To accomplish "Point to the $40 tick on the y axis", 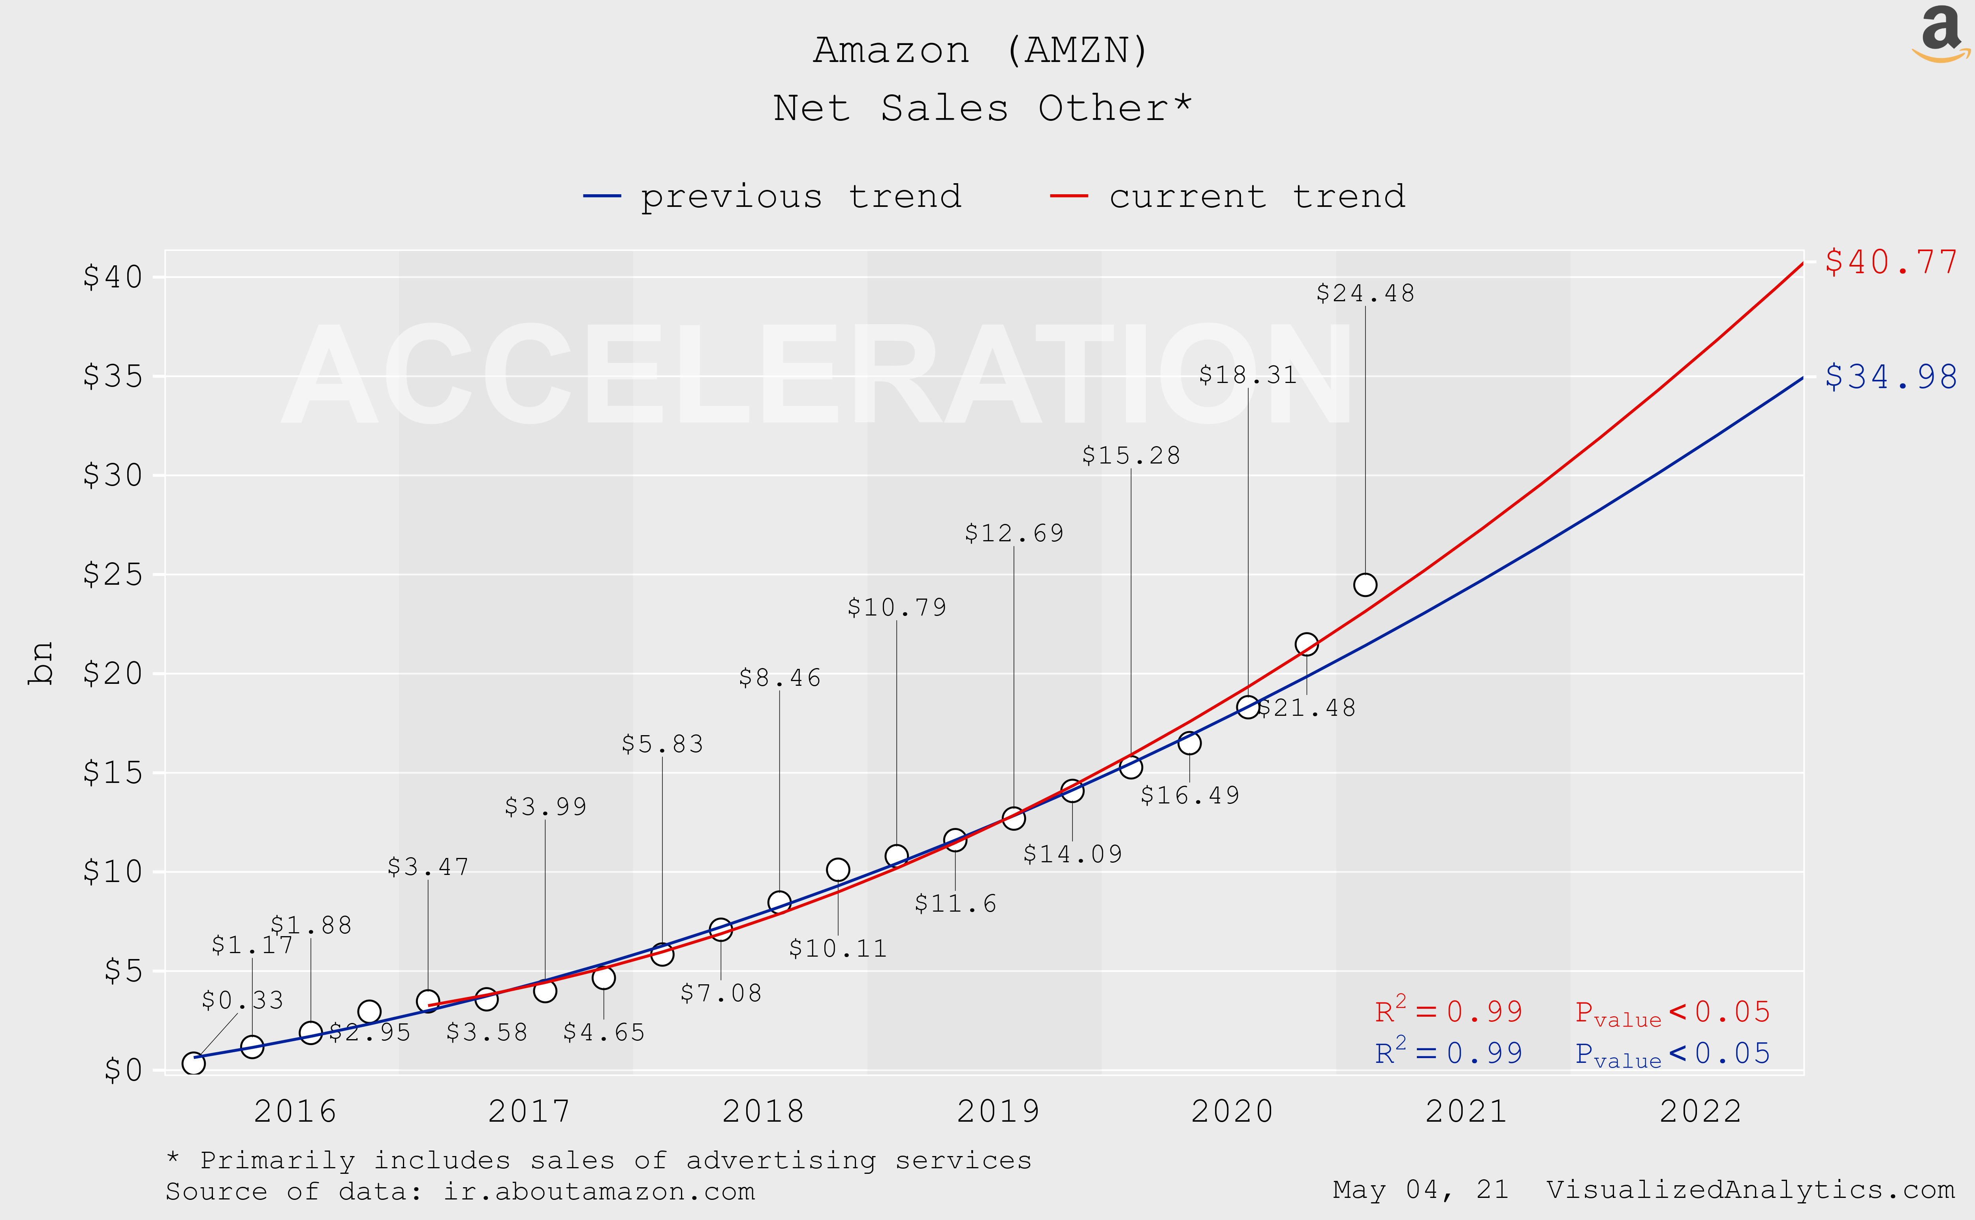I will pos(113,277).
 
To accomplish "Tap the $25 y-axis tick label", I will pos(113,574).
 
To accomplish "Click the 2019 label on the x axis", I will pos(998,1111).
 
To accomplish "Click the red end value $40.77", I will pos(1890,262).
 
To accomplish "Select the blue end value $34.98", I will pos(1890,377).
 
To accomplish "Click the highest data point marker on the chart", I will pos(1365,584).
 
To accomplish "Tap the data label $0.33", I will pos(242,1000).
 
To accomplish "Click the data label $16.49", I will pos(1190,796).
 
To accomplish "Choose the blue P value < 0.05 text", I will pos(1672,1054).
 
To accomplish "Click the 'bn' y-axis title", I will pos(40,663).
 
